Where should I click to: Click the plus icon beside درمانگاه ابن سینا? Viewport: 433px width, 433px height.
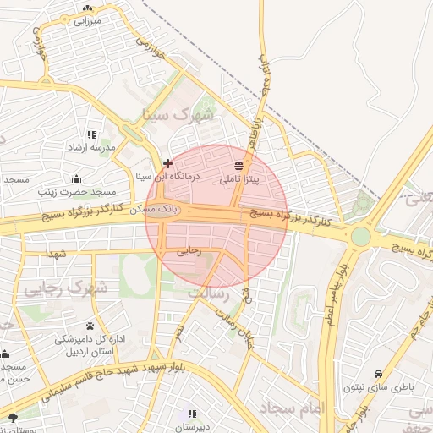click(x=168, y=162)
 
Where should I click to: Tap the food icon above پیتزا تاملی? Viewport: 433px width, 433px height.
click(x=238, y=165)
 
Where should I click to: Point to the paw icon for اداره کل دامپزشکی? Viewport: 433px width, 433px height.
click(x=89, y=326)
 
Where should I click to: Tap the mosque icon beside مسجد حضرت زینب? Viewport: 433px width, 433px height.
click(x=77, y=178)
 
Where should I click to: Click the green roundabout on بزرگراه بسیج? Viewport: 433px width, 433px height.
click(x=361, y=234)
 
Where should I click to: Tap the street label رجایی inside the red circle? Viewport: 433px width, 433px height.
click(x=189, y=251)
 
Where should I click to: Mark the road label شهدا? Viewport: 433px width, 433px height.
click(x=57, y=254)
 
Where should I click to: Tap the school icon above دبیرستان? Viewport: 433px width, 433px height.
click(x=192, y=414)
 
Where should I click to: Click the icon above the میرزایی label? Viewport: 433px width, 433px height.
click(x=88, y=8)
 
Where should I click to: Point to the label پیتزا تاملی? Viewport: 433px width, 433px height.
click(x=240, y=179)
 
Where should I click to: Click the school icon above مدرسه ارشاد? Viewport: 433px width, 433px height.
click(x=91, y=134)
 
